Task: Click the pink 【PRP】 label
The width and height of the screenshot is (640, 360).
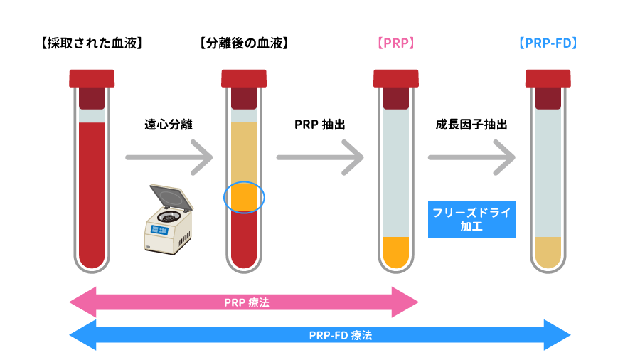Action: (x=395, y=43)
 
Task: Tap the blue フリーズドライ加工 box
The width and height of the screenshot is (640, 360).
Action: (x=471, y=219)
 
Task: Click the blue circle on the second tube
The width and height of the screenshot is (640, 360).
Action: (x=244, y=197)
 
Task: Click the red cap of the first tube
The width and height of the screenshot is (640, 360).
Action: (x=92, y=78)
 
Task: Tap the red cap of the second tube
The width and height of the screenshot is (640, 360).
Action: (x=244, y=78)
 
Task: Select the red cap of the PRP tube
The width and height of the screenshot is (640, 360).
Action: (x=396, y=78)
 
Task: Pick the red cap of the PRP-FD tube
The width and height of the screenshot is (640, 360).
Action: (x=548, y=78)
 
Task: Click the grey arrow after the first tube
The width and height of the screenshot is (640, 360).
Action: (x=170, y=157)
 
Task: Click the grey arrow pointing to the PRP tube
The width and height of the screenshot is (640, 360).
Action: (x=321, y=157)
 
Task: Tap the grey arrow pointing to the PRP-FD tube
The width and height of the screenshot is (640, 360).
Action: (x=472, y=157)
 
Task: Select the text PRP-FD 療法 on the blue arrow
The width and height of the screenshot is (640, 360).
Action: (x=341, y=335)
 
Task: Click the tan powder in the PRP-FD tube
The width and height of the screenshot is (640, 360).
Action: (x=548, y=252)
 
